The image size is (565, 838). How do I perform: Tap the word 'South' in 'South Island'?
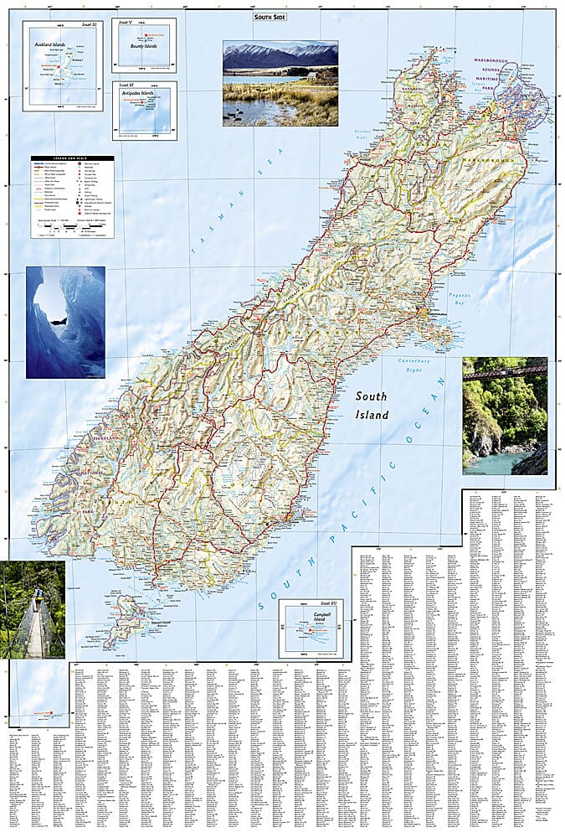(x=371, y=396)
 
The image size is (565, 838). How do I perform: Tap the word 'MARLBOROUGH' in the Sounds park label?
(x=521, y=67)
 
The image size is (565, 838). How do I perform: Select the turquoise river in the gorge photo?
(x=500, y=463)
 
